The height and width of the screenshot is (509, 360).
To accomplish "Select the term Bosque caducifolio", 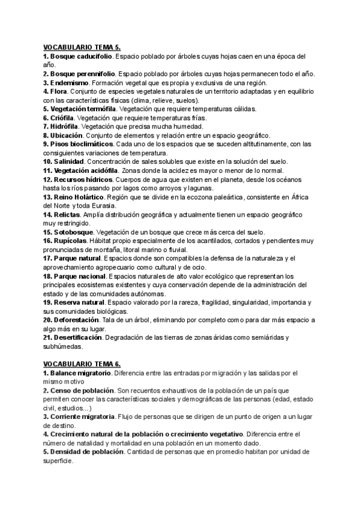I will click(82, 56).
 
